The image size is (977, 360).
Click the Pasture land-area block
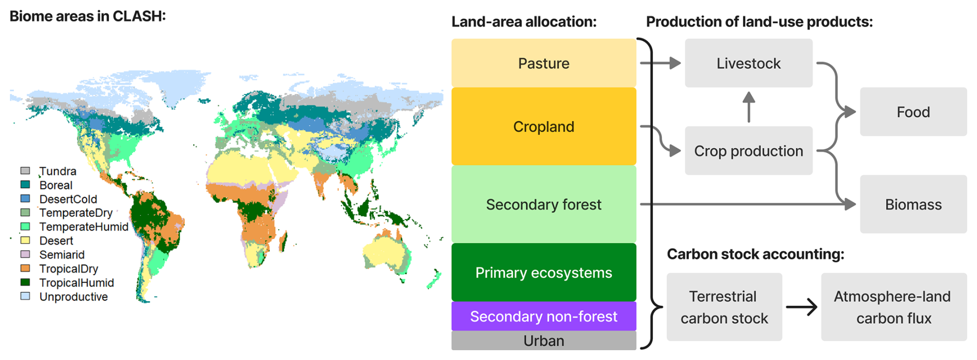(x=544, y=63)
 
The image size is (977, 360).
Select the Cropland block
(x=544, y=127)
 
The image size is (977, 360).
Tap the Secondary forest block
(x=544, y=205)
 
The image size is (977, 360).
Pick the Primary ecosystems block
(x=544, y=272)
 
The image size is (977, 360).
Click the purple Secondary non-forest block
(x=544, y=316)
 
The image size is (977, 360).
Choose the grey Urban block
(x=544, y=341)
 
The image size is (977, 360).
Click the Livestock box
(x=749, y=63)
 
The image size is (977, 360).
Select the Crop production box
(x=749, y=151)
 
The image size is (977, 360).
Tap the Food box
(x=913, y=112)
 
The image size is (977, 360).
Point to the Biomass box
(x=913, y=204)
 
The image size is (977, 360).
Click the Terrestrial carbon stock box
(x=724, y=307)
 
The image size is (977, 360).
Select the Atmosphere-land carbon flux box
(x=894, y=307)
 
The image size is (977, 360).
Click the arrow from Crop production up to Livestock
(x=749, y=107)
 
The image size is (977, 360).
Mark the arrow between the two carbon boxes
(x=801, y=307)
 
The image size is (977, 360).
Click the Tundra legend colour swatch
(x=25, y=170)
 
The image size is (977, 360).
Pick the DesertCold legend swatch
(x=25, y=198)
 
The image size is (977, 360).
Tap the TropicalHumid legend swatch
(x=25, y=282)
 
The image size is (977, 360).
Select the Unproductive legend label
(x=74, y=297)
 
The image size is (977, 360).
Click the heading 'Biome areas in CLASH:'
(x=88, y=16)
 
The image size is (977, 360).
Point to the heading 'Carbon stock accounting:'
(x=755, y=254)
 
